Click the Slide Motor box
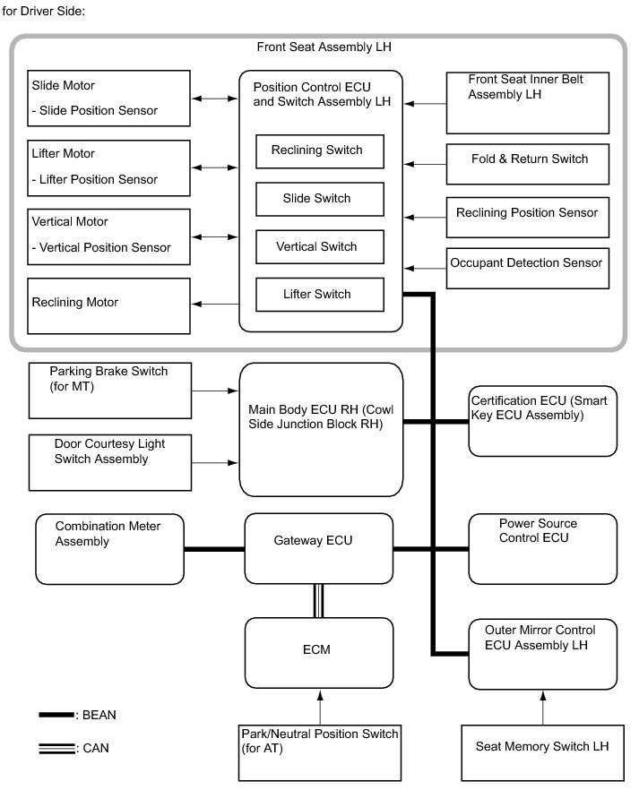coord(109,99)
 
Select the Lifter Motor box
coord(109,167)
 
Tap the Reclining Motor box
coord(109,305)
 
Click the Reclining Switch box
coord(320,150)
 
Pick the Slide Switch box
coord(320,199)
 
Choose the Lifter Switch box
coord(320,295)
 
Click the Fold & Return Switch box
coord(529,164)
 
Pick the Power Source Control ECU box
coord(542,548)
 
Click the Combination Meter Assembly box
coord(109,548)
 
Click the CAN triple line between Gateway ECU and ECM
coord(318,600)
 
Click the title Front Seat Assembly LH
coord(324,47)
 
